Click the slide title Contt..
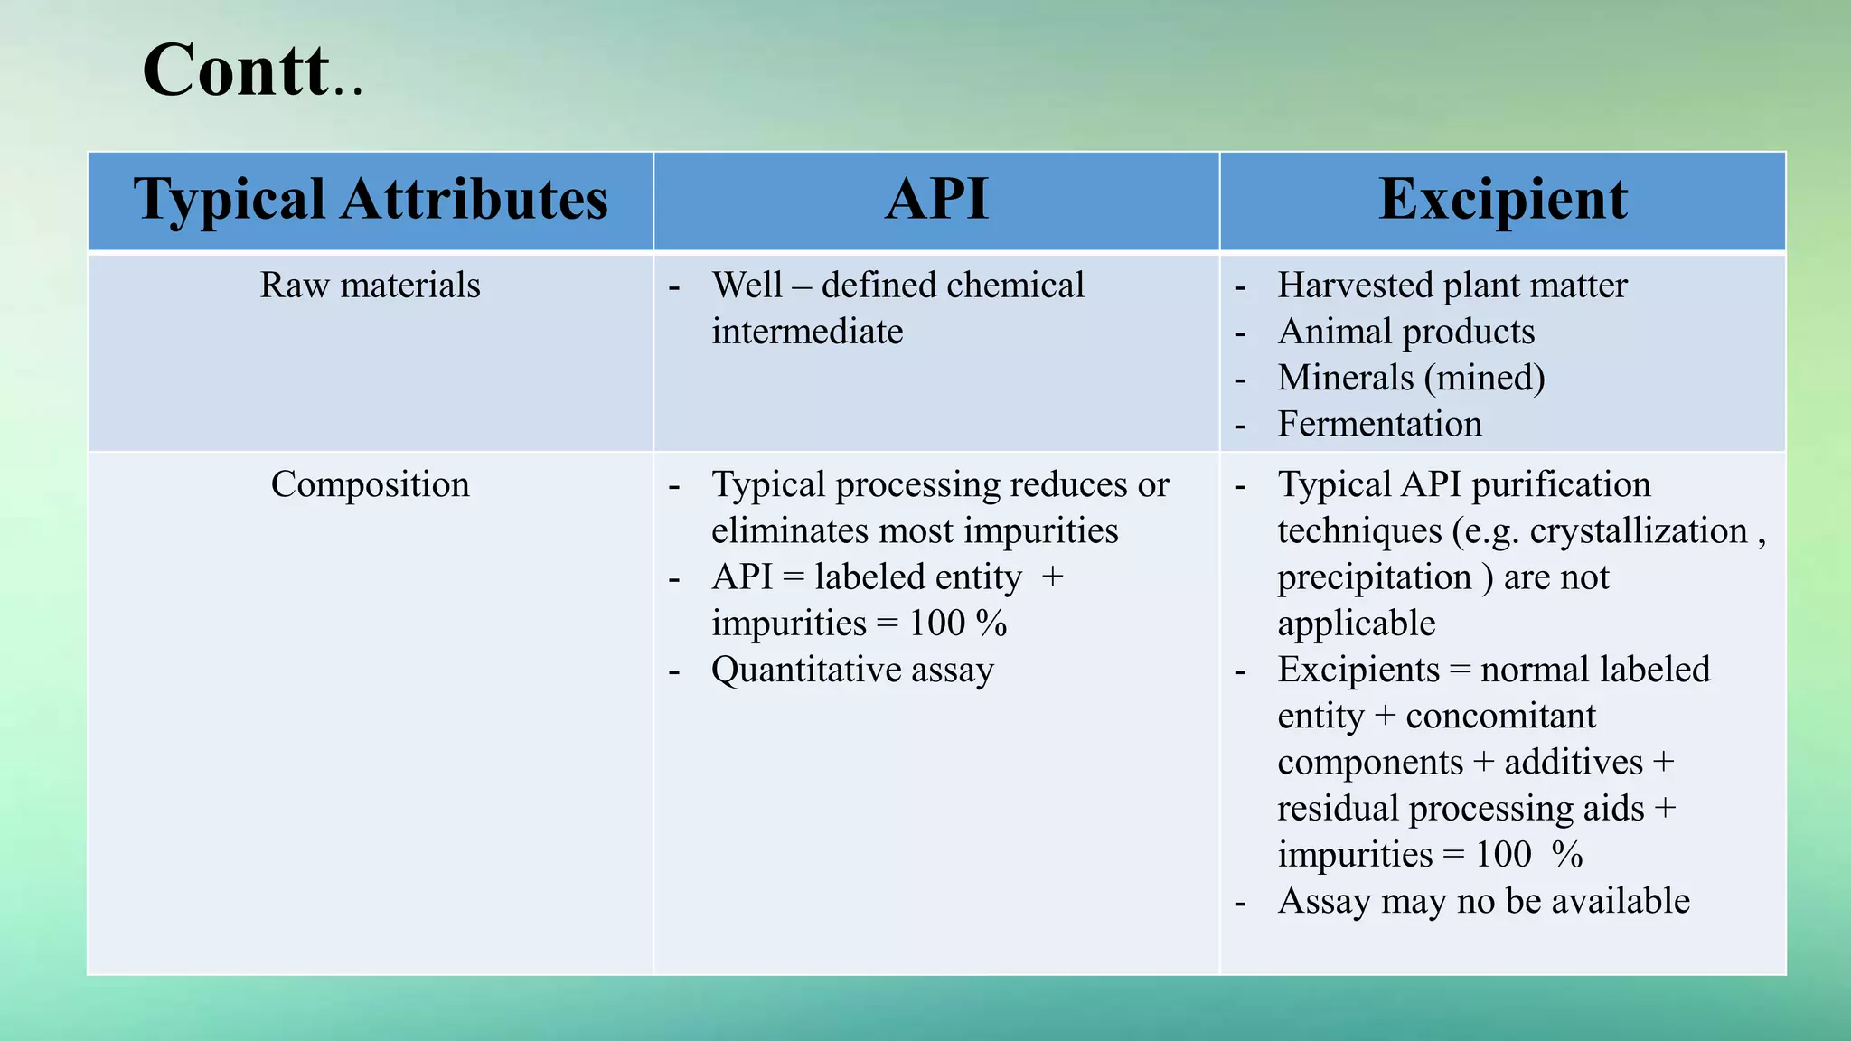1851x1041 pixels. coord(251,70)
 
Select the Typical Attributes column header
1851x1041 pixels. coord(371,200)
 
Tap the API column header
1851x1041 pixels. coord(936,200)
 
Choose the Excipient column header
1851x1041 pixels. coord(1502,200)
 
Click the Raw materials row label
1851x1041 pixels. coord(370,286)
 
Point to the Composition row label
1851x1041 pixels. coord(370,485)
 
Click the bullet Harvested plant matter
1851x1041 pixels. coord(1452,286)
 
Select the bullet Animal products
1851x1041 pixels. coord(1405,332)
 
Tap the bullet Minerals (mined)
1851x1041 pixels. coord(1411,378)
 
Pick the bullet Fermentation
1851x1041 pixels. coord(1379,424)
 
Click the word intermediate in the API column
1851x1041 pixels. coord(807,332)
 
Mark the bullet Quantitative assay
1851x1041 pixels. coord(852,671)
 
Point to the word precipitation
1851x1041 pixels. coord(1374,577)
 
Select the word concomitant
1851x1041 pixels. coord(1500,717)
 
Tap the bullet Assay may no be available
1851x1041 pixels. coord(1482,902)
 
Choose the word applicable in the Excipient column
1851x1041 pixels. coord(1356,624)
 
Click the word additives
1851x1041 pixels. coord(1573,763)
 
